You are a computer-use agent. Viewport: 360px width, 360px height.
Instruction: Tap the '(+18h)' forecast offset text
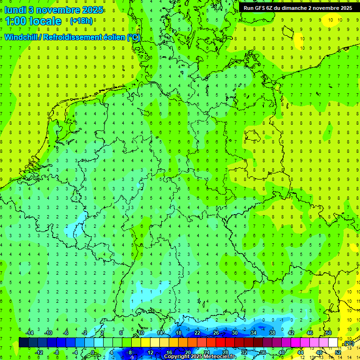pos(81,21)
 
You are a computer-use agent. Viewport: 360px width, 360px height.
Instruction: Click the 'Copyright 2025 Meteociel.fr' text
pos(206,357)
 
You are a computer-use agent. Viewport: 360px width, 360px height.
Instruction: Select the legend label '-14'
pos(29,333)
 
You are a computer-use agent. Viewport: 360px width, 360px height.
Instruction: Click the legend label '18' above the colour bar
pos(178,333)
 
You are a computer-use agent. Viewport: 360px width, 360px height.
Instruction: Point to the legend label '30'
pos(234,333)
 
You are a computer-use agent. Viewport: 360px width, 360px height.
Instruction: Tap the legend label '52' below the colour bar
pos(337,352)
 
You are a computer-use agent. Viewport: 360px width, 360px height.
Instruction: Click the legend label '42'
pos(291,333)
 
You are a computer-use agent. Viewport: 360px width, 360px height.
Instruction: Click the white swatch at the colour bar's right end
pos(333,342)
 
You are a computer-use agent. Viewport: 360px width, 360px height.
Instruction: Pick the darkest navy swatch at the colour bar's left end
pos(23,342)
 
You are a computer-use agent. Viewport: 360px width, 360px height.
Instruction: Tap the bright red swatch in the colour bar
pos(220,342)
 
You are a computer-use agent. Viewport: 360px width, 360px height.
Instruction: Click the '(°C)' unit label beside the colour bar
pos(348,344)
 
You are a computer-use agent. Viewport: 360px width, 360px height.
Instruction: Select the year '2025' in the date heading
pos(92,10)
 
